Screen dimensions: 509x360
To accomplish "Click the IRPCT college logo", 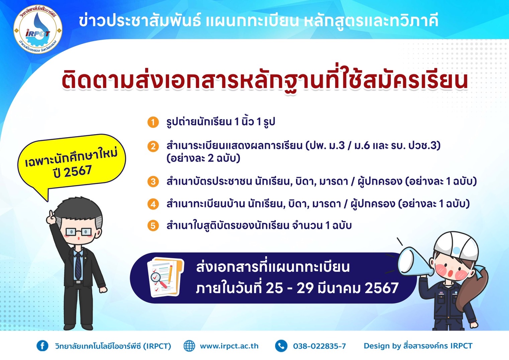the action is point(38,29).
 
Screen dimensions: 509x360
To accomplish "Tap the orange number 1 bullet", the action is point(153,122).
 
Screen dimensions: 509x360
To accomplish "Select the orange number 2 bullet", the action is point(153,146).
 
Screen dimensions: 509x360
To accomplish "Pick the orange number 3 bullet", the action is point(153,182).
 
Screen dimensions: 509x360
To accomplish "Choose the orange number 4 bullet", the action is point(153,204).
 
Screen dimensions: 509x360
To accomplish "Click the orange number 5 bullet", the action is point(153,226).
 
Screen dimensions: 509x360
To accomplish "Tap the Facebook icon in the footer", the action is point(42,346).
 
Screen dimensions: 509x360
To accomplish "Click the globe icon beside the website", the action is point(189,346).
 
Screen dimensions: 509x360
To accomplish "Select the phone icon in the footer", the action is point(281,346).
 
